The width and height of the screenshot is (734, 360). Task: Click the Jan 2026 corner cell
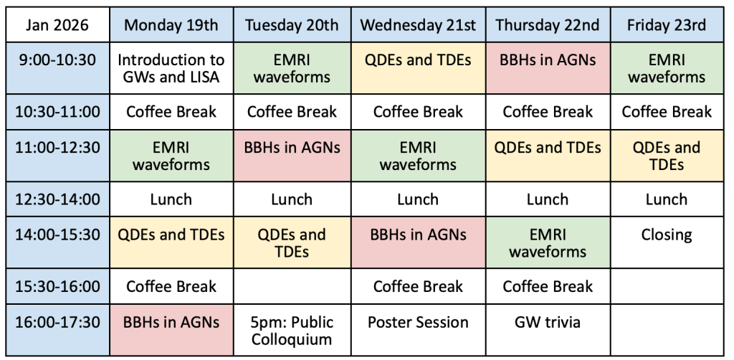57,25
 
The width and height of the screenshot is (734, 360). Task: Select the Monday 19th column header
171,25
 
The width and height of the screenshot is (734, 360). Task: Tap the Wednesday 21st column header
419,25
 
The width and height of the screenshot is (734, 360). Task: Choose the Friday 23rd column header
667,25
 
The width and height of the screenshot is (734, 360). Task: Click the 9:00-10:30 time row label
57,68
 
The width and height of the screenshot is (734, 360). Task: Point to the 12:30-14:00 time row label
57,199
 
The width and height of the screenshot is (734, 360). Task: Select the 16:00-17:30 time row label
57,330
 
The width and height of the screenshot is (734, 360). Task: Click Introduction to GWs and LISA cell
171,68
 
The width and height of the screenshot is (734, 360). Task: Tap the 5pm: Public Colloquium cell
292,330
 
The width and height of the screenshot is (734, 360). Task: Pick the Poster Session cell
419,330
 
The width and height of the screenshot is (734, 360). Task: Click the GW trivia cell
548,330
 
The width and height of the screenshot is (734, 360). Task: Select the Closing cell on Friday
667,242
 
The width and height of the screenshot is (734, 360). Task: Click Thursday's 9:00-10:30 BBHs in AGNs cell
548,68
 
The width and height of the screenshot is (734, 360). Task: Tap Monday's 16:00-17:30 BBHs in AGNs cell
171,330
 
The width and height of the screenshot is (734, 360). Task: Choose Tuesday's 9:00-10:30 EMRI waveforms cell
292,68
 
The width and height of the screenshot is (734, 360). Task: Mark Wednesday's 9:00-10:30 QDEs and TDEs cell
419,68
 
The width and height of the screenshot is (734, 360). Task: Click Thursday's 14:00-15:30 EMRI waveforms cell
548,242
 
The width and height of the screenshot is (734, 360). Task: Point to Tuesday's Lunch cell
292,199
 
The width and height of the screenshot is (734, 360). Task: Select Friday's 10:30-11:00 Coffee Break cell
667,112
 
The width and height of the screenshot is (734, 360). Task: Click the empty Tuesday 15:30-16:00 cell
292,287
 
